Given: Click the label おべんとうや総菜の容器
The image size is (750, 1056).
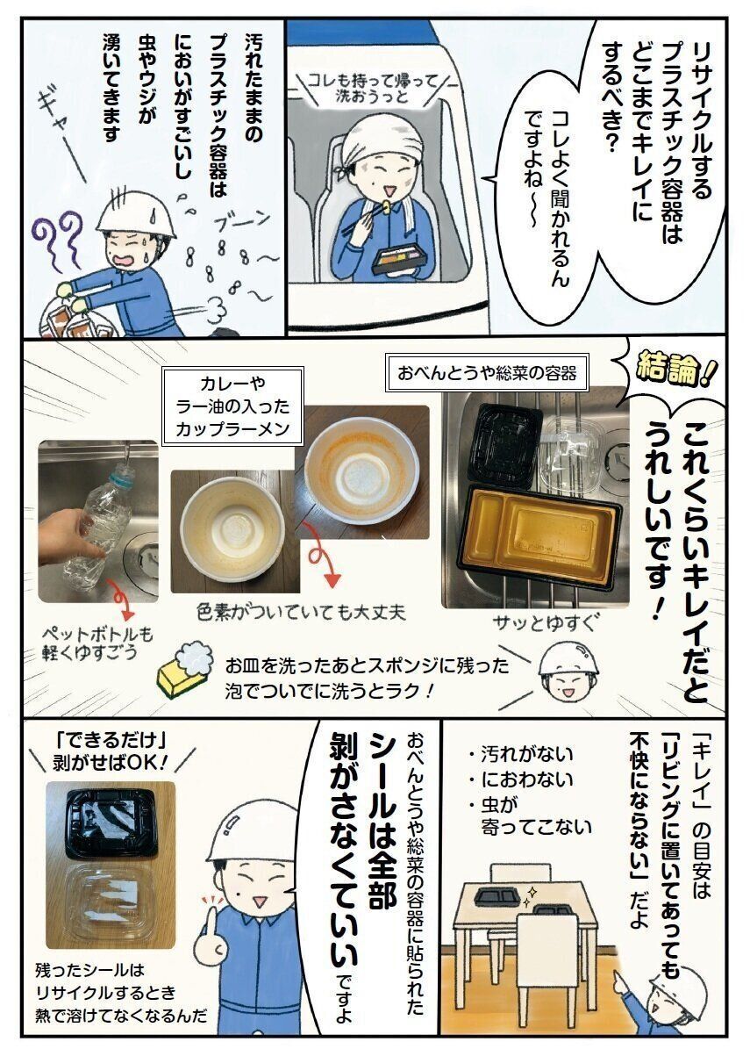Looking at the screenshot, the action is point(487,374).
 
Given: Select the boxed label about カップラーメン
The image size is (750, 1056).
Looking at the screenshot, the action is point(232,406).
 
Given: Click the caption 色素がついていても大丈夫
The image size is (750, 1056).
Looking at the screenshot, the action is point(302,613).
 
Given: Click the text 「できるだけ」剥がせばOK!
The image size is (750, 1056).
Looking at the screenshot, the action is point(111,755).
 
